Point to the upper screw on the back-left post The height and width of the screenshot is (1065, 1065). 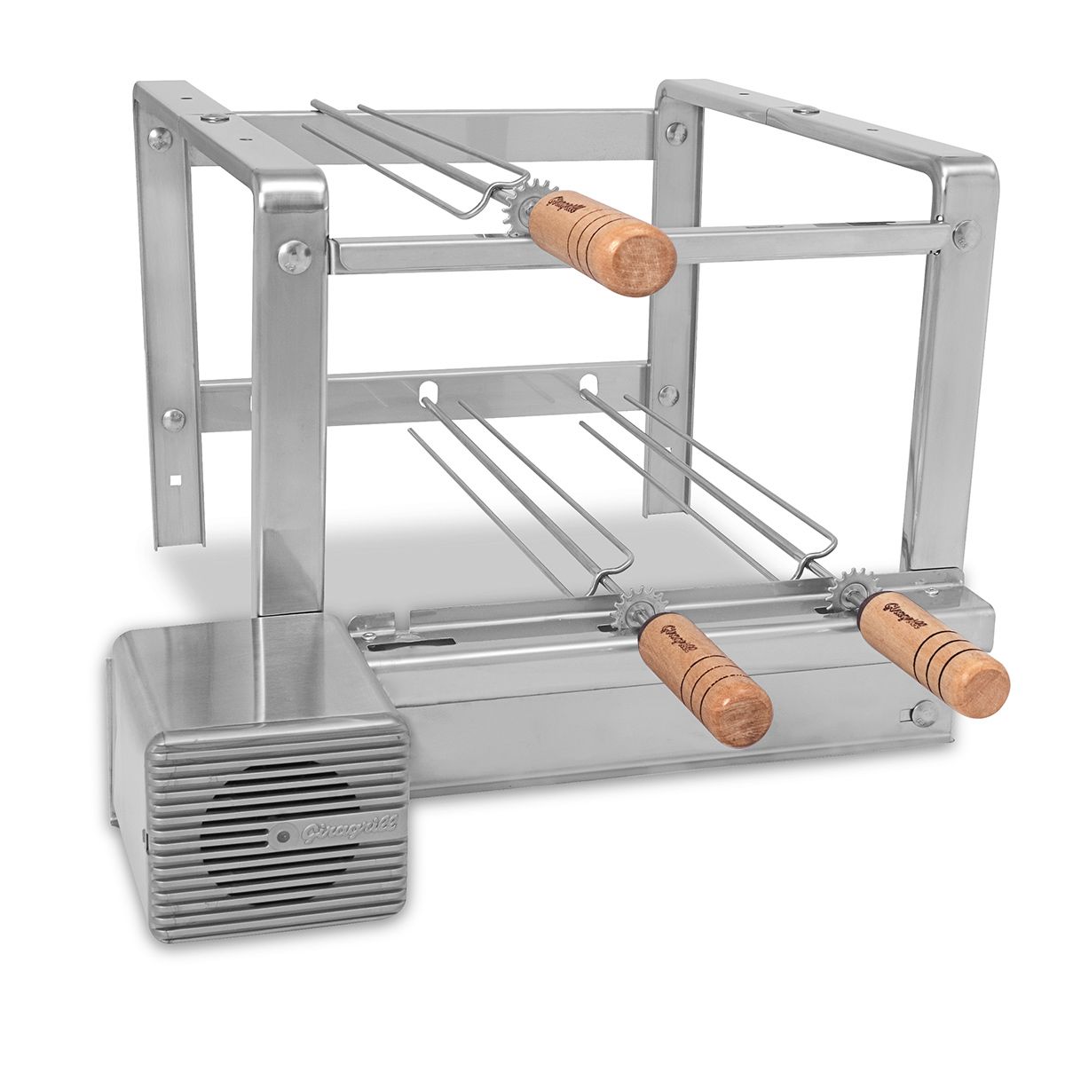coord(159,138)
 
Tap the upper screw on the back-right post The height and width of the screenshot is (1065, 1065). coord(676,133)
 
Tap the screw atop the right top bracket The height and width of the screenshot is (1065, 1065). coord(803,110)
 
